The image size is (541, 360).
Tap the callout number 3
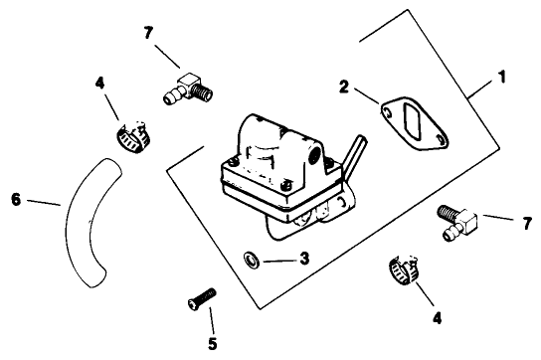coord(304,258)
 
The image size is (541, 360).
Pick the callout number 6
coord(15,197)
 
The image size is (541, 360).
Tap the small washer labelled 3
coord(252,262)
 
